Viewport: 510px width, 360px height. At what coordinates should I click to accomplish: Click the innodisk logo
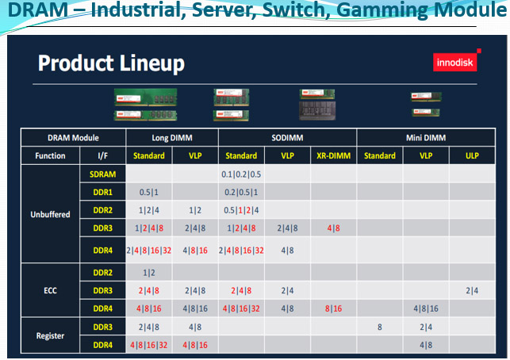tap(455, 62)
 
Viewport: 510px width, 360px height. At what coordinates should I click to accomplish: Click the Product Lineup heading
tap(111, 63)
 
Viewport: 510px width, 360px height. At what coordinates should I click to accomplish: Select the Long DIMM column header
tap(172, 138)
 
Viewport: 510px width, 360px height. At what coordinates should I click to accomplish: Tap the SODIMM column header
tap(288, 138)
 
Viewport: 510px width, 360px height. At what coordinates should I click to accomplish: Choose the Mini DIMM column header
tap(426, 138)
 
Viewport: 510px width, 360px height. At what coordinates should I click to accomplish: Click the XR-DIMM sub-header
tap(334, 155)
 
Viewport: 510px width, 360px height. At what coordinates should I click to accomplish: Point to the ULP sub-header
tap(472, 155)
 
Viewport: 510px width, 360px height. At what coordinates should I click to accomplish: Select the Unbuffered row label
tap(51, 214)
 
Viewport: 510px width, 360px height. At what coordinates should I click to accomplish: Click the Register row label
tap(51, 335)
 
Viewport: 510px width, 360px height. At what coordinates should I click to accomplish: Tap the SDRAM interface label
tap(103, 174)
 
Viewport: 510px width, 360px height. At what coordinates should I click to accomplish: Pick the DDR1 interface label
tap(103, 192)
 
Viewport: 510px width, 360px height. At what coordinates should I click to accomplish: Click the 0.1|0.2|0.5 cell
tap(241, 174)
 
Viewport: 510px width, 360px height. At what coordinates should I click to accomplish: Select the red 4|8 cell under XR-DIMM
tap(334, 228)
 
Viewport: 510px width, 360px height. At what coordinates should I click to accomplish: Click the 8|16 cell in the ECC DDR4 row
tap(334, 308)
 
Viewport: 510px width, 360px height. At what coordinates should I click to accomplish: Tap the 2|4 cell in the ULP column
tap(472, 291)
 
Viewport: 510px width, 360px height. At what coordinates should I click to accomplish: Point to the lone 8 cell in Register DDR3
tap(380, 327)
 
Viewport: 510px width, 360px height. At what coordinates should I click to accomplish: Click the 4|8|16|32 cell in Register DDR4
tap(149, 345)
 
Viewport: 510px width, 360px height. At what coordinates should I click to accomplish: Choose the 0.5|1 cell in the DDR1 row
tap(149, 192)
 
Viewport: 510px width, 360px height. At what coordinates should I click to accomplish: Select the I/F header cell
tap(103, 155)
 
